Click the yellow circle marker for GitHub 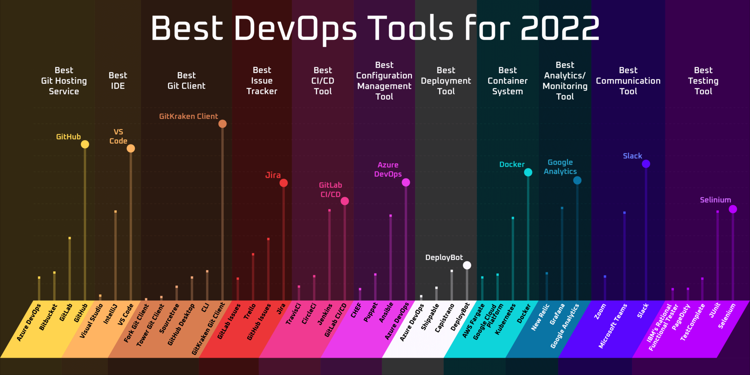[x=85, y=144]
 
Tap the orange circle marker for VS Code [x=131, y=148]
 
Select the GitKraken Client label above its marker [x=188, y=116]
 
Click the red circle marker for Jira [x=283, y=183]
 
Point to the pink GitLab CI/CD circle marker [x=345, y=201]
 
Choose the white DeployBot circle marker [x=467, y=265]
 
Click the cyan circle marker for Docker [x=528, y=172]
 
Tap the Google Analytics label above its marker [x=560, y=167]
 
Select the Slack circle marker [x=646, y=164]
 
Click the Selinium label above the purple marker [x=715, y=200]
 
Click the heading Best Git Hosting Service [x=64, y=81]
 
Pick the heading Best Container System [x=508, y=81]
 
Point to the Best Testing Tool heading [x=703, y=81]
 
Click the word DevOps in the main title [x=295, y=29]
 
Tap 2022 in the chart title [x=560, y=29]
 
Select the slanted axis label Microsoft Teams [x=613, y=326]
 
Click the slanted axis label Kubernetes [x=505, y=319]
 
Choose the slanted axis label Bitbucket [x=48, y=317]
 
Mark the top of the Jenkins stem [x=330, y=210]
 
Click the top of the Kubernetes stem [x=513, y=218]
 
